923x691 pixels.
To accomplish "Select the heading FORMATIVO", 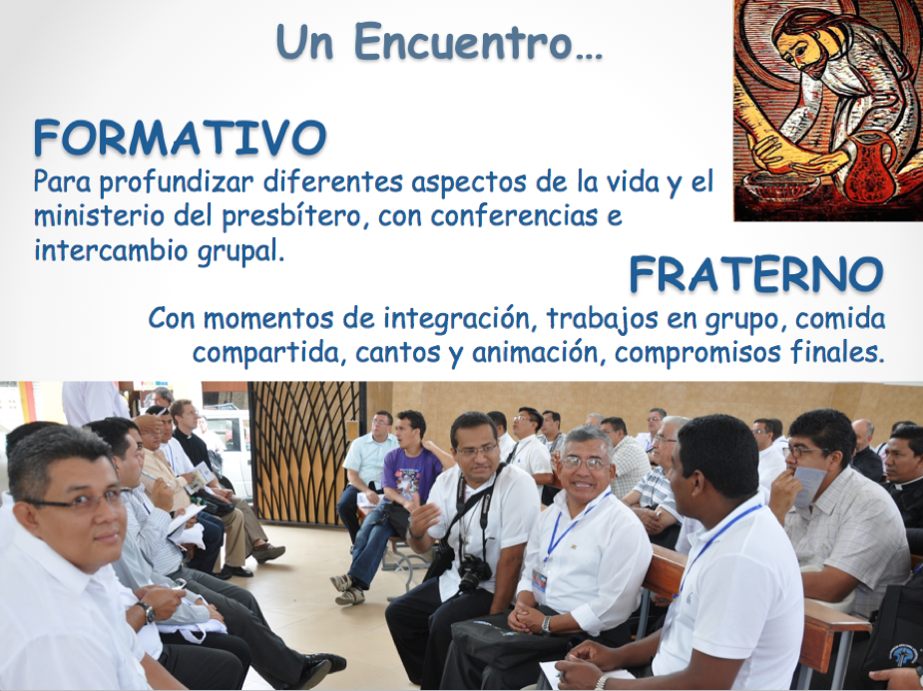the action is click(181, 138).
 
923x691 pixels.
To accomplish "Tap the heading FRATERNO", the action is click(756, 274).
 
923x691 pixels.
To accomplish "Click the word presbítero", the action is click(291, 217).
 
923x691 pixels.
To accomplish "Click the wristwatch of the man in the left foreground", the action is click(147, 612).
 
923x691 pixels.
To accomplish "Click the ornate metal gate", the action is click(305, 452).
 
